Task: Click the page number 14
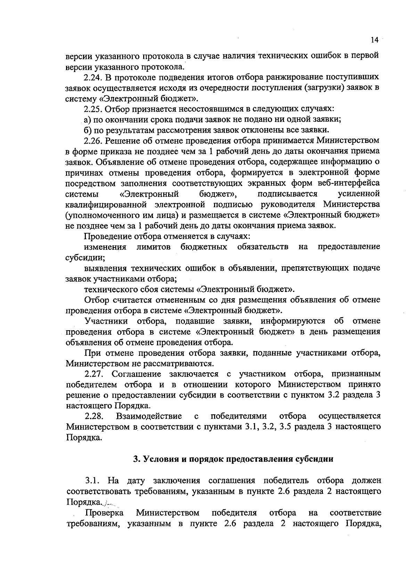pos(374,40)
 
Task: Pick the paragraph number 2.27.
pos(93,374)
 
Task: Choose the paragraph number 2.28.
pos(93,416)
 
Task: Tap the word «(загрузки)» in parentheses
pos(324,87)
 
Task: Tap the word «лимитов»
pos(153,247)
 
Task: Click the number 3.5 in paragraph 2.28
pos(285,426)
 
